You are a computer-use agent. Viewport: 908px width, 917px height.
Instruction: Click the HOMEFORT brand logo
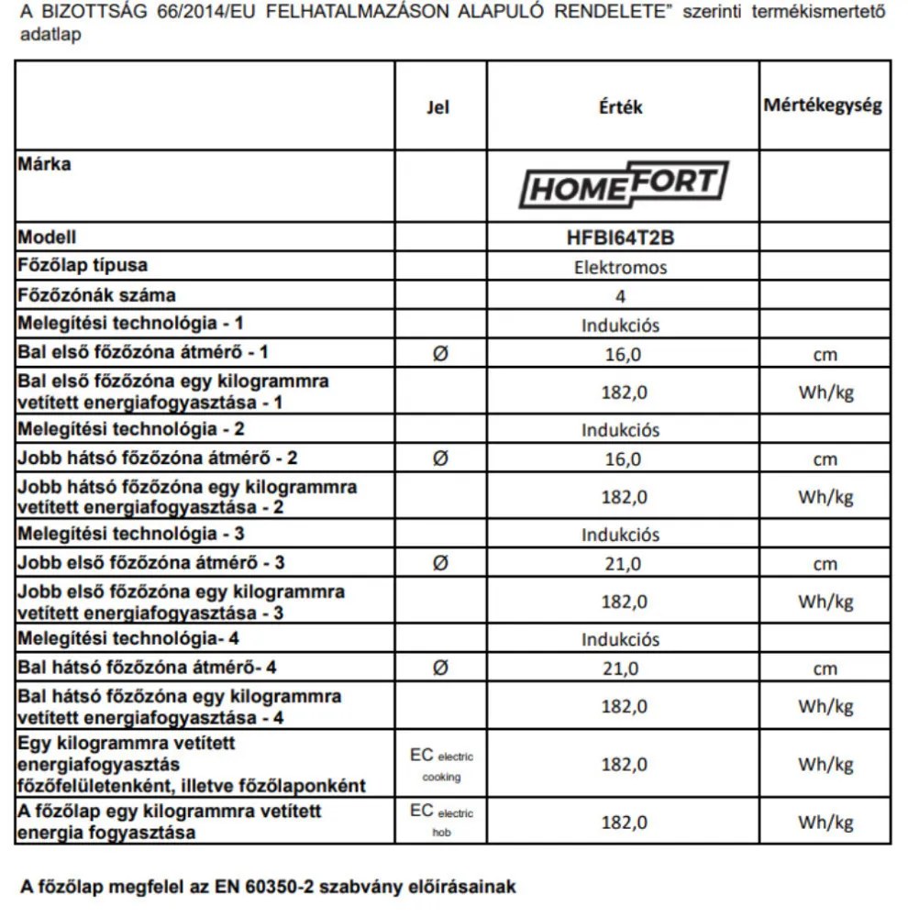tap(623, 185)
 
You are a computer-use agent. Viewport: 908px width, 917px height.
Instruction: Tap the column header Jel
tap(438, 107)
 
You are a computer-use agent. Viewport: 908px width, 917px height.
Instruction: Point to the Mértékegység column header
tap(823, 105)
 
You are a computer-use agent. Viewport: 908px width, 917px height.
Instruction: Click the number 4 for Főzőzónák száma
tap(621, 296)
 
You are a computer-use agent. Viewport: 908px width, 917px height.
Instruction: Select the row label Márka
tap(44, 165)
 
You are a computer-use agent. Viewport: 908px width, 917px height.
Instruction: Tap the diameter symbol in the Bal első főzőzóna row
tap(439, 354)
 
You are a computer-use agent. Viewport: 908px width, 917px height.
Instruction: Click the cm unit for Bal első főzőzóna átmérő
tap(825, 355)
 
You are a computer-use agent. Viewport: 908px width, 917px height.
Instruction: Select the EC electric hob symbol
tap(441, 822)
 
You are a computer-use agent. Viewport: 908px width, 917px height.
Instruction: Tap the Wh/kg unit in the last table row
tap(825, 822)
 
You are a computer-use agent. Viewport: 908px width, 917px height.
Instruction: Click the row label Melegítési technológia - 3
tap(131, 534)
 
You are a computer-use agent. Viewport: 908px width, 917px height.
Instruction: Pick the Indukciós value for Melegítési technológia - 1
tap(621, 326)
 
